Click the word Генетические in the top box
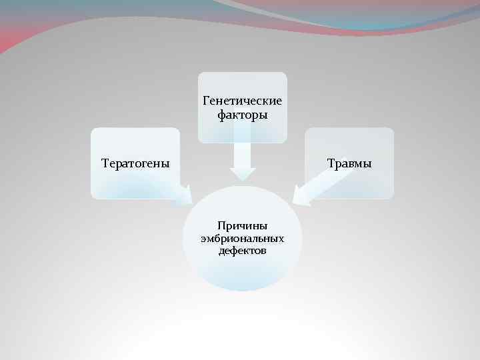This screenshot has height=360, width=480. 242,101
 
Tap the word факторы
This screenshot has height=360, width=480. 242,115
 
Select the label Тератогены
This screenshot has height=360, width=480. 135,163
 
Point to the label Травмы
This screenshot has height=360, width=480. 349,163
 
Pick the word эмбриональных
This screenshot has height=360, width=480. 242,239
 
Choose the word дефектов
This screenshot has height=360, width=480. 242,251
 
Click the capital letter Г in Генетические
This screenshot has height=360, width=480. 205,101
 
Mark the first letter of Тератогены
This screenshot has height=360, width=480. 104,163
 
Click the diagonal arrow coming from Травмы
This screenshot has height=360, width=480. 313,187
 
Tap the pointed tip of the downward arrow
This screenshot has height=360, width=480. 243,179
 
